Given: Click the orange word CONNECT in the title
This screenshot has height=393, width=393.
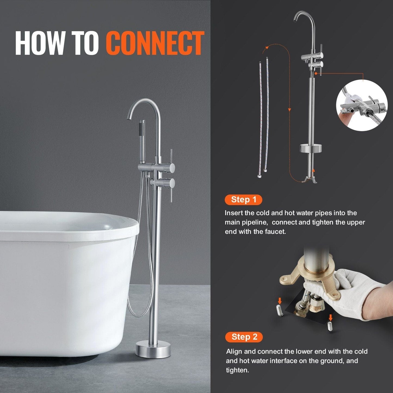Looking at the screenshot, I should click(155, 43).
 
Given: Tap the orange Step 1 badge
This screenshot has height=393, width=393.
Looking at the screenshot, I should click(243, 200).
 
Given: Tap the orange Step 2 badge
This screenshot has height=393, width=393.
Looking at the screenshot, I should click(244, 337).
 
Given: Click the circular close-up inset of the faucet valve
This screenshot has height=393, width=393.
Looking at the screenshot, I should click(361, 106).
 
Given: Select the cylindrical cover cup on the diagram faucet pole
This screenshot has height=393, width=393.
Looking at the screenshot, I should click(311, 148).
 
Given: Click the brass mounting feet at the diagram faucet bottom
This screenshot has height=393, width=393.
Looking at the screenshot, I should click(310, 180).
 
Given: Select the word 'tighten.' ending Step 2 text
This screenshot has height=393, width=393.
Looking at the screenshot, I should click(237, 370).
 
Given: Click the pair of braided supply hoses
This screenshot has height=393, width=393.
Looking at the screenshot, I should click(263, 117).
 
